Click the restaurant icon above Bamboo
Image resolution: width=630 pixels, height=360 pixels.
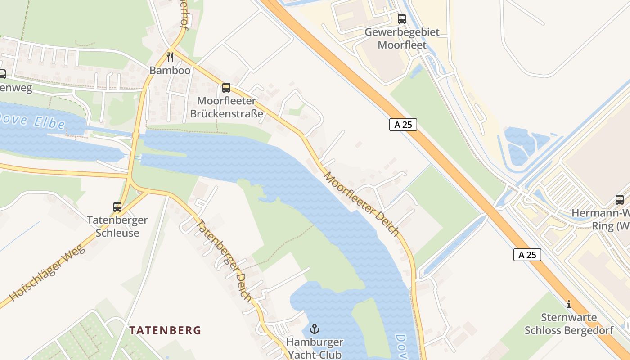(x=170, y=57)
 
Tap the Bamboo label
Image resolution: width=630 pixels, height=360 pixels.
(x=170, y=71)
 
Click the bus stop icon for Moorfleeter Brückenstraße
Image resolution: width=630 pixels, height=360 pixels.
(x=226, y=88)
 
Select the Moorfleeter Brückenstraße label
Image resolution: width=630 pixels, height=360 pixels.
(x=226, y=107)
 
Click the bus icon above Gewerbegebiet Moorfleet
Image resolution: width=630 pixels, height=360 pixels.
(x=402, y=19)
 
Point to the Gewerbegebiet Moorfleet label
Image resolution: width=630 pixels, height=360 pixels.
(x=402, y=39)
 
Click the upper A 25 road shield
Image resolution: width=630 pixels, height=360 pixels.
(x=403, y=125)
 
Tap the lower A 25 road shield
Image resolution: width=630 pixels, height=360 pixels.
(x=527, y=255)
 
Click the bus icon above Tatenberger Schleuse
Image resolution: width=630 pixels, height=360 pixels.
(x=117, y=207)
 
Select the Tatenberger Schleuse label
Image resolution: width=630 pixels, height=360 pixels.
(x=117, y=227)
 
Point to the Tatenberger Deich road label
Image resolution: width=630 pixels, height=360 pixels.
(x=225, y=260)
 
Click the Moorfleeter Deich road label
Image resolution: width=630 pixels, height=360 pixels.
(x=361, y=203)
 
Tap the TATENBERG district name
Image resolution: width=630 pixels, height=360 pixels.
(x=165, y=330)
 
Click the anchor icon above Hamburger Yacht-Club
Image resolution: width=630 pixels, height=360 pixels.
(x=315, y=329)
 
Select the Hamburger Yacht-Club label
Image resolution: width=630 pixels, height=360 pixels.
(x=315, y=348)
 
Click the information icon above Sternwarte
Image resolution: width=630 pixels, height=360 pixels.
(x=569, y=304)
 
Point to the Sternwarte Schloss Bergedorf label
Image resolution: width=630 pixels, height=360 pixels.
(x=569, y=324)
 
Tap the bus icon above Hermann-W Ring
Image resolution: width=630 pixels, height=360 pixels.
(x=620, y=200)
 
